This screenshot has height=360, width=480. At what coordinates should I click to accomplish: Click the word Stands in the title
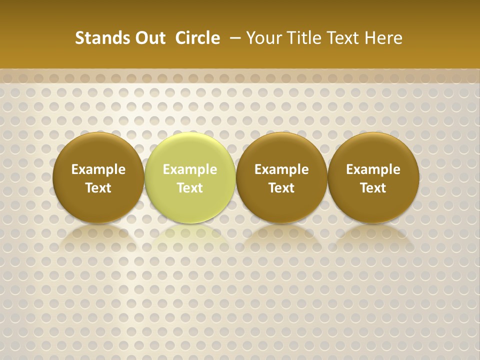[x=97, y=38]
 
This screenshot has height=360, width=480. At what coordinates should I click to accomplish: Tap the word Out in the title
[x=147, y=38]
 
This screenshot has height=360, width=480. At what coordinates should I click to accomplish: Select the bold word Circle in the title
[x=197, y=38]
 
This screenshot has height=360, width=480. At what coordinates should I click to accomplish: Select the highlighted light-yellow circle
[x=190, y=177]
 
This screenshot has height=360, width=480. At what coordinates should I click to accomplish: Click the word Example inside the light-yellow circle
[x=190, y=169]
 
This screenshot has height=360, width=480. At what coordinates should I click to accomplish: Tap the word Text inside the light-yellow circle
[x=190, y=188]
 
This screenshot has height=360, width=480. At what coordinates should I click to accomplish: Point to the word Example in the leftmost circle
[x=98, y=169]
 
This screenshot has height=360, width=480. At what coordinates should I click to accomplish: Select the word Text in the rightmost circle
[x=373, y=188]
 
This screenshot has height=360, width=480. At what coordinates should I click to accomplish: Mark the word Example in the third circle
[x=281, y=169]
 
